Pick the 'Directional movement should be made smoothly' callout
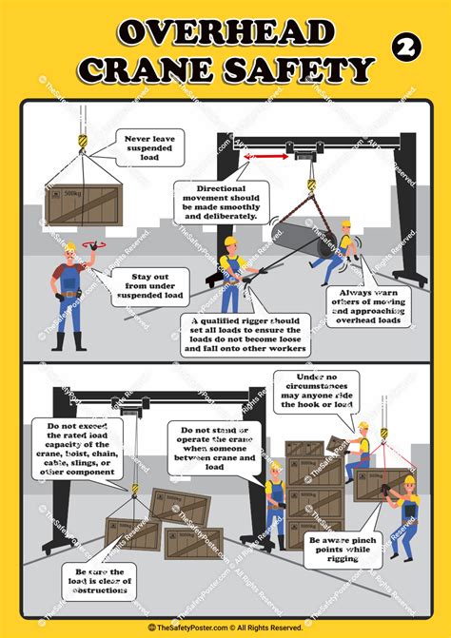pyautogui.click(x=221, y=203)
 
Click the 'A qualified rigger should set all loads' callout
pyautogui.click(x=248, y=336)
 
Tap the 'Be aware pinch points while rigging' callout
pyautogui.click(x=343, y=549)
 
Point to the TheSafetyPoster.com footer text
pyautogui.click(x=225, y=628)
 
